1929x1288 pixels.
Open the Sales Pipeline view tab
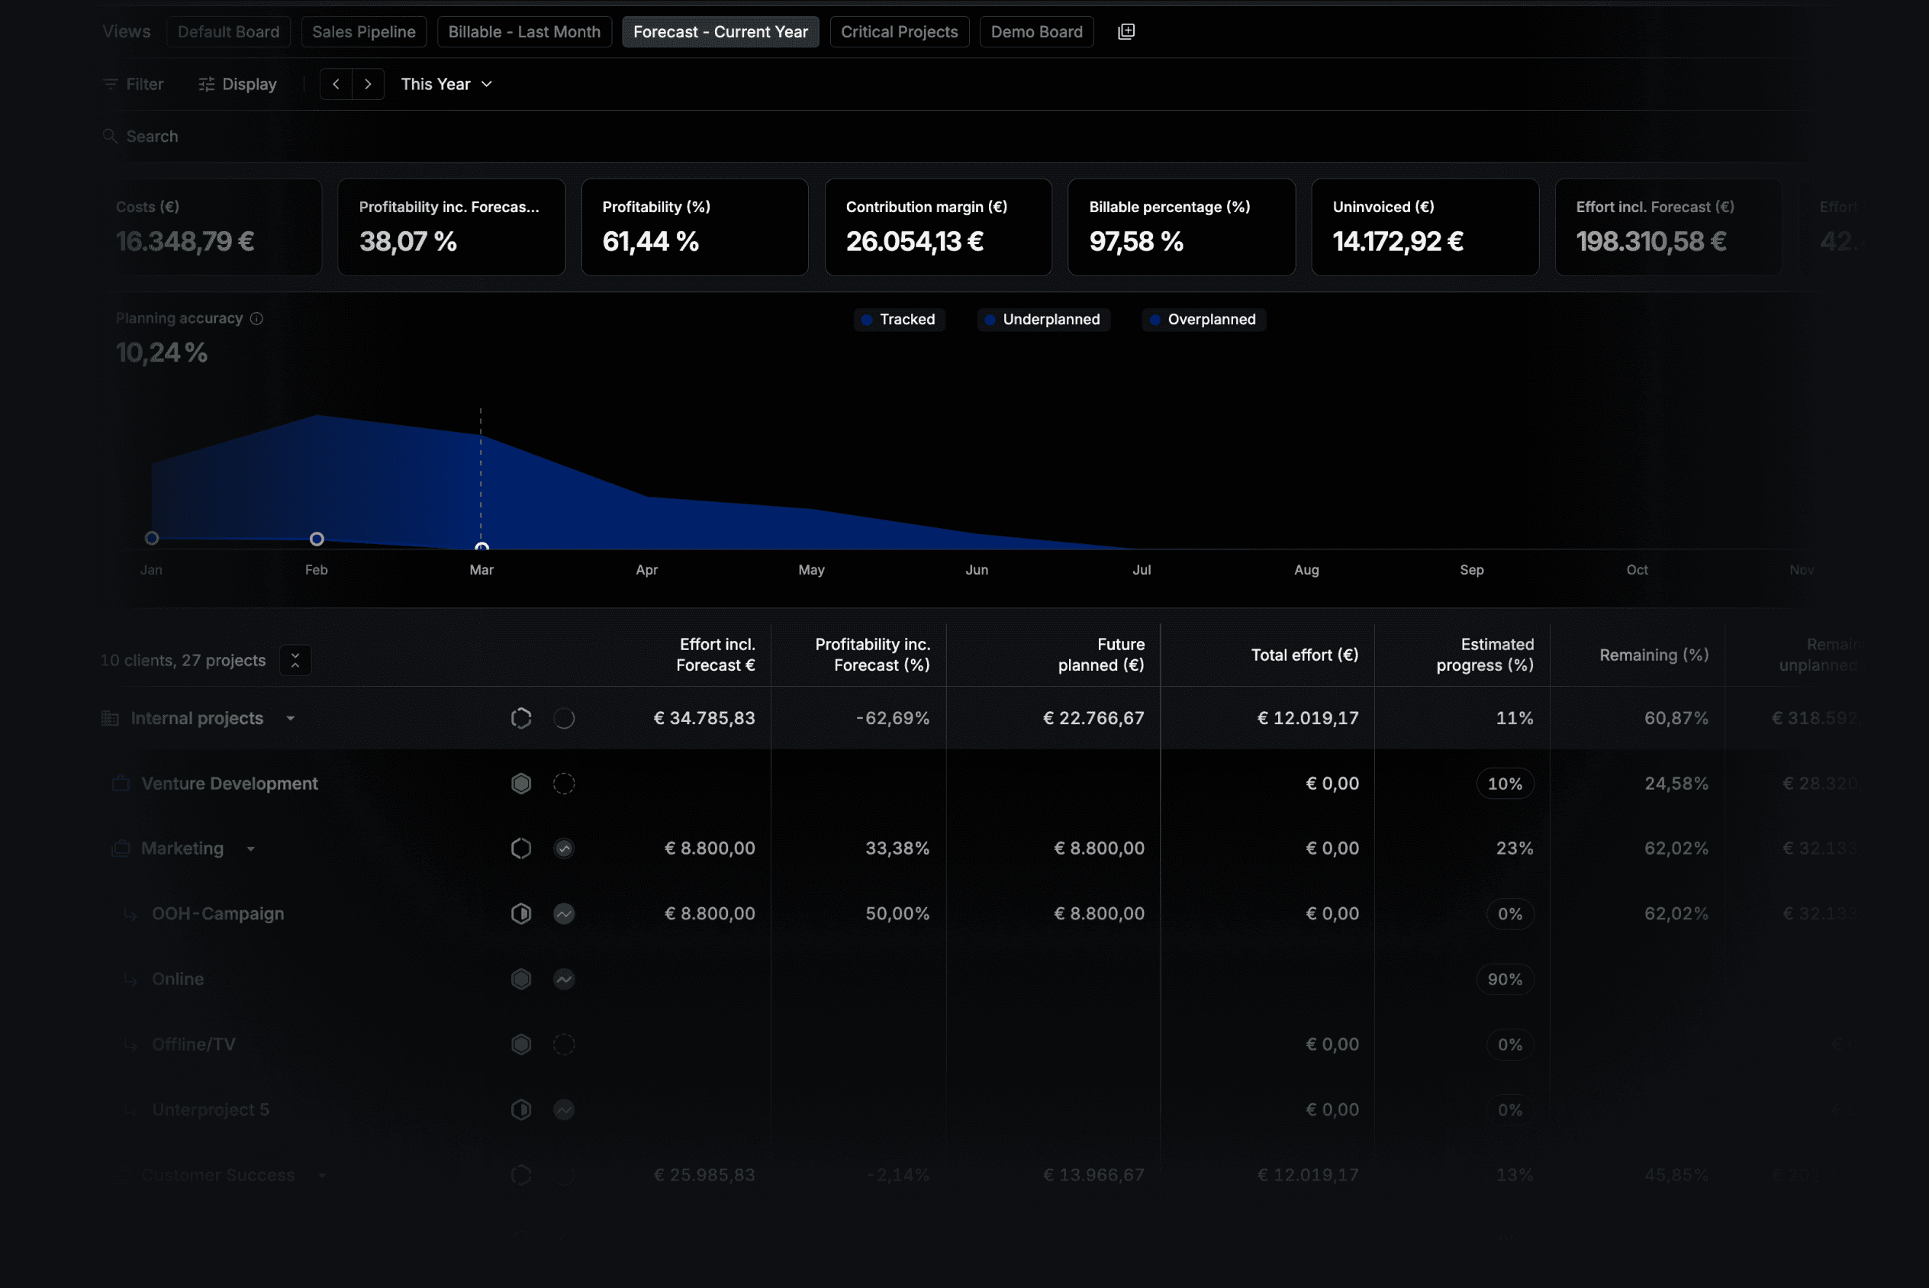[363, 32]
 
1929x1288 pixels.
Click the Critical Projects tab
[898, 32]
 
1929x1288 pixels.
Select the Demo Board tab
[1035, 32]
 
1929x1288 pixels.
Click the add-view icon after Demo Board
[1126, 31]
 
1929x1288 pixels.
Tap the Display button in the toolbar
[237, 84]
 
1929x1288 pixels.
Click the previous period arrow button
[336, 84]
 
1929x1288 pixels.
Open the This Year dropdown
[446, 84]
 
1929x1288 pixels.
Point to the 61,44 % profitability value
[649, 241]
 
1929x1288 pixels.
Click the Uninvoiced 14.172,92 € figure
[1397, 241]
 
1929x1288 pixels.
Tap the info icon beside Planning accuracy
[256, 319]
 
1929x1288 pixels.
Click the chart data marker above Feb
[317, 539]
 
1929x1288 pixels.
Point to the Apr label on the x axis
[646, 570]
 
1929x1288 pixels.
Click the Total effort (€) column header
[1303, 655]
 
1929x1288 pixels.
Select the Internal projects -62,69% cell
[892, 718]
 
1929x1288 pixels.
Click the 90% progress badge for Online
[1504, 979]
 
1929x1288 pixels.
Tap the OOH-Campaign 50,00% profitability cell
[897, 913]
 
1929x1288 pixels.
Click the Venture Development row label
[229, 784]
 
